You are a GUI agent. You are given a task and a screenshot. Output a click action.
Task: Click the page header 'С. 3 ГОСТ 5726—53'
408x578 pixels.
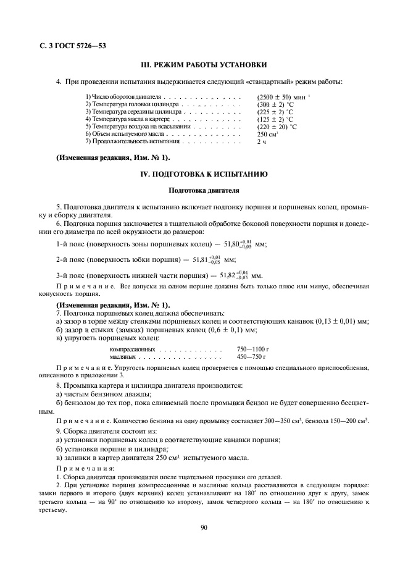tap(70, 46)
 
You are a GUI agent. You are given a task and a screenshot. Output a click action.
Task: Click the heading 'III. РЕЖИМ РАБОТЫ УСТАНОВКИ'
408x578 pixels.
tap(204, 65)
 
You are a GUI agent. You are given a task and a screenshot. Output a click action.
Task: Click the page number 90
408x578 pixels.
tap(204, 526)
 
